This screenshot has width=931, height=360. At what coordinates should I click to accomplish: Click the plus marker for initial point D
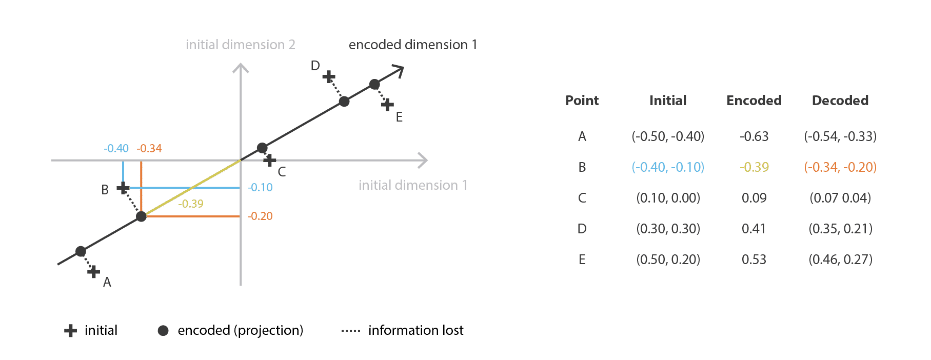point(329,77)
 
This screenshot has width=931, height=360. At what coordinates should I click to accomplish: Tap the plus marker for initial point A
point(93,271)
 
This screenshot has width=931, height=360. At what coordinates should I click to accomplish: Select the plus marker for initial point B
point(123,188)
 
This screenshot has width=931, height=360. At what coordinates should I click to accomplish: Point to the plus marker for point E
point(387,105)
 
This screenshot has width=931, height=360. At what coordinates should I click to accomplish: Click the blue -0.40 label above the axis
point(116,149)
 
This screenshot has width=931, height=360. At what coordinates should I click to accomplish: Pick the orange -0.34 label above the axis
point(149,149)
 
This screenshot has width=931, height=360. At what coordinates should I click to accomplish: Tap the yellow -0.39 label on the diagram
point(191,204)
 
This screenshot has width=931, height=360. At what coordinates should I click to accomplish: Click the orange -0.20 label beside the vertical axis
point(260,216)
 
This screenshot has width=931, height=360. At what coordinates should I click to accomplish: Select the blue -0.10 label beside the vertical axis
point(260,188)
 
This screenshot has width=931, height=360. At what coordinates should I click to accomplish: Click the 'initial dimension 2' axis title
point(241,45)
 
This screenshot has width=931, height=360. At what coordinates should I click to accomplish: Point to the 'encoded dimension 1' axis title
point(413,45)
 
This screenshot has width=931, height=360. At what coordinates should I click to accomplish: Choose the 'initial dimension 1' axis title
point(413,185)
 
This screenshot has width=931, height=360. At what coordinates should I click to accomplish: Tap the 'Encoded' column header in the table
point(754,101)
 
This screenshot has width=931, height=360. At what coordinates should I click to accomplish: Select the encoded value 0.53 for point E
point(754,259)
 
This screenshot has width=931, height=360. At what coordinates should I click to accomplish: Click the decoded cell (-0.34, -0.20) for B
point(840,167)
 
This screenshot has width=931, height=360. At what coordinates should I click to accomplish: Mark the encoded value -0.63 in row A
point(754,136)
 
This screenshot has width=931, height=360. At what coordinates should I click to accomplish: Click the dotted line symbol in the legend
point(351,331)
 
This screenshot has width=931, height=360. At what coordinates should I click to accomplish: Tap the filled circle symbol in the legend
point(163,331)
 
